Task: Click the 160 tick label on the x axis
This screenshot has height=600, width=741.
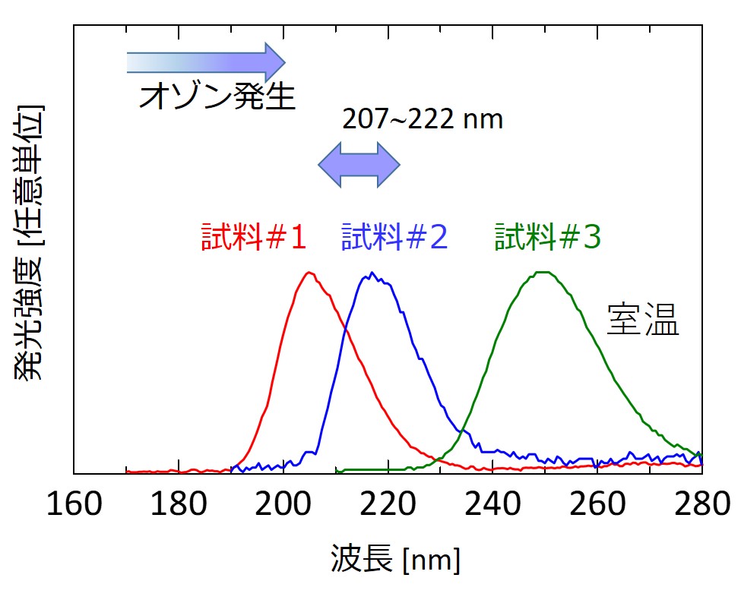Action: (x=74, y=504)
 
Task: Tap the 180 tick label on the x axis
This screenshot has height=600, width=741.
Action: (x=179, y=504)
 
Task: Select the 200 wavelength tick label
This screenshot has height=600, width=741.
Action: (x=283, y=504)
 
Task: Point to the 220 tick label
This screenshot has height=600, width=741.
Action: (x=388, y=504)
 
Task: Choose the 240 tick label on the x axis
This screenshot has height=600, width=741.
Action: (x=492, y=504)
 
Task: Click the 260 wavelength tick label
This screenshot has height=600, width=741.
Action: (x=597, y=504)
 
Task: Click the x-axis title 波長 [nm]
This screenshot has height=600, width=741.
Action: (x=395, y=561)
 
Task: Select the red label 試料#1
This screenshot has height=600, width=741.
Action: (x=254, y=238)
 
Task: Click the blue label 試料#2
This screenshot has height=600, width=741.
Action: (x=394, y=238)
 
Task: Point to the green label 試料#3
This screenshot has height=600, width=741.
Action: (x=548, y=238)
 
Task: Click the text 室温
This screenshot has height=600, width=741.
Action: (x=642, y=321)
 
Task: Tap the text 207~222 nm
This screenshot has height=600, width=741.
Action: (x=423, y=119)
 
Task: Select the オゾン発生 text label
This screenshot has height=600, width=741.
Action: (x=217, y=96)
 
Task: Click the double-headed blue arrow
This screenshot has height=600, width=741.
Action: (x=358, y=163)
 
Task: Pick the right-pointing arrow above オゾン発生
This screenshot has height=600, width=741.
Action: (x=205, y=61)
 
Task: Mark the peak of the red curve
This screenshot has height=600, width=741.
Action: (x=309, y=273)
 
